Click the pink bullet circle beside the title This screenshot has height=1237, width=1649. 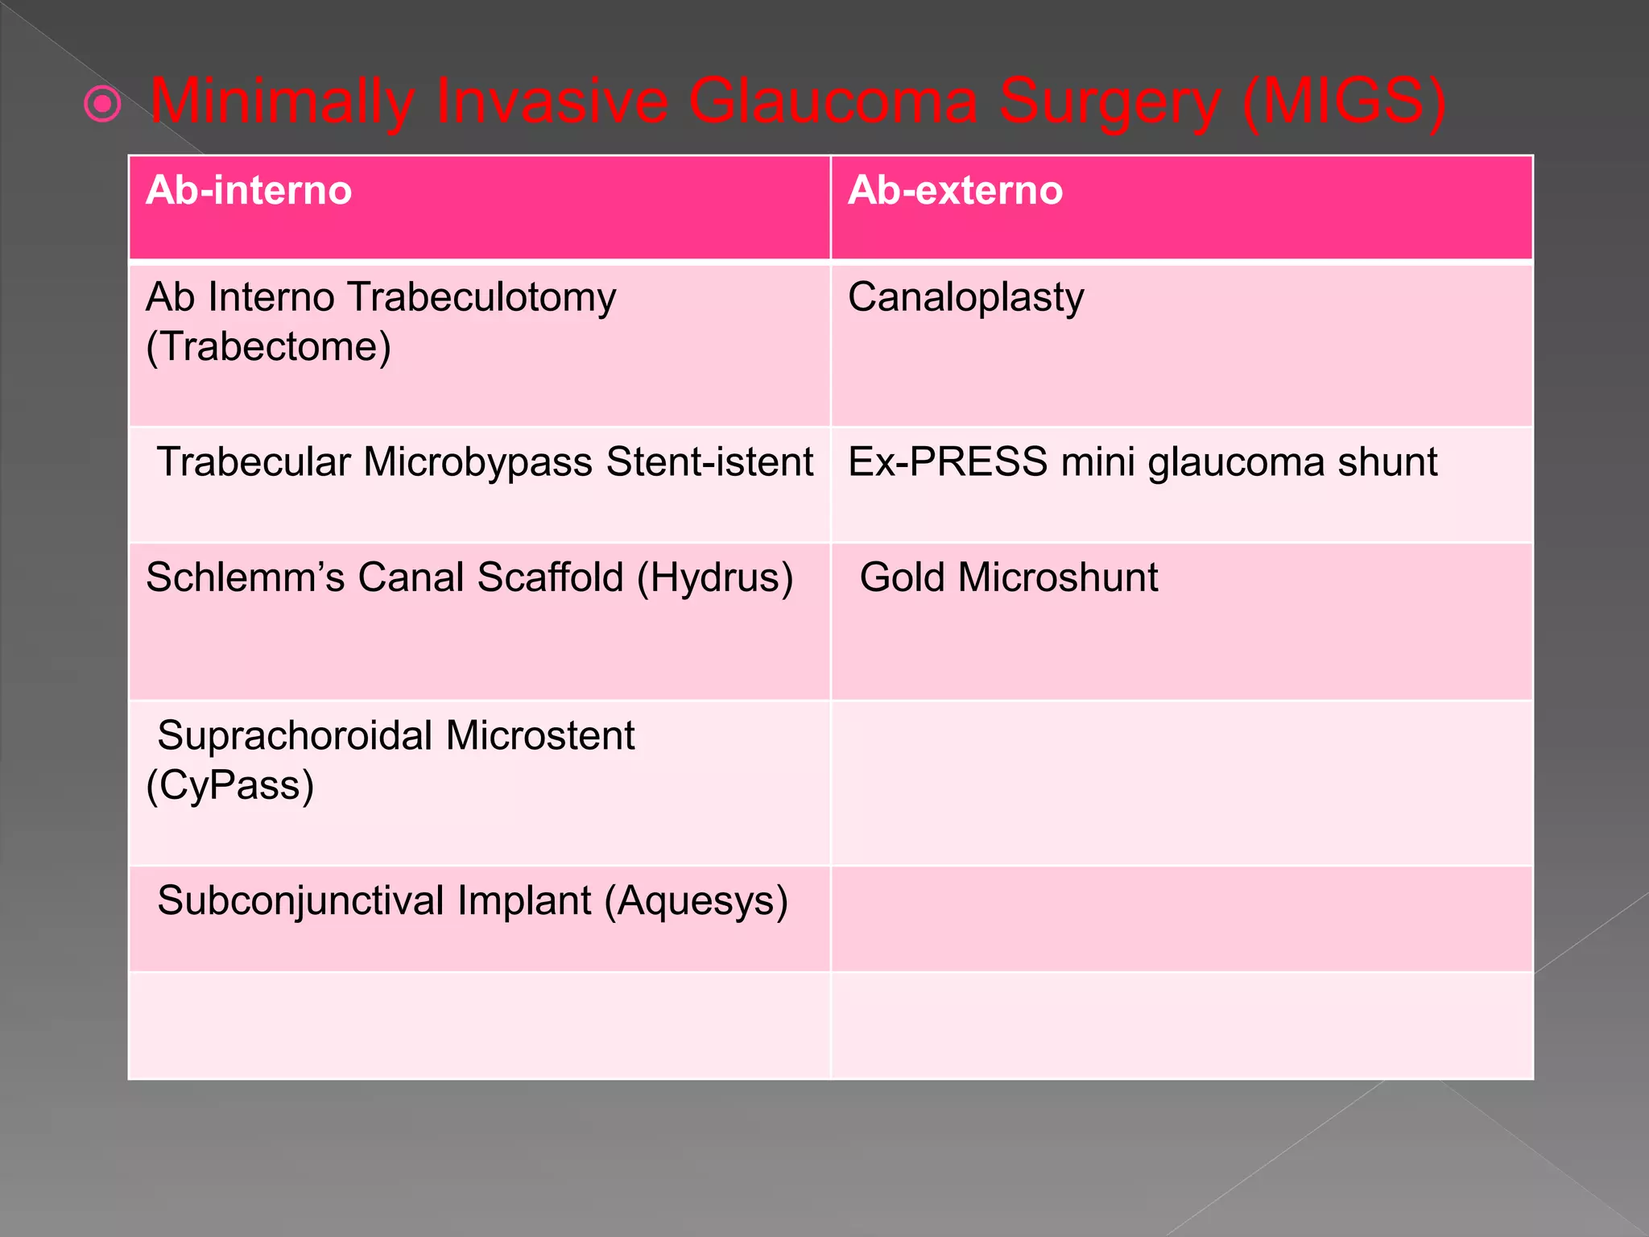click(103, 104)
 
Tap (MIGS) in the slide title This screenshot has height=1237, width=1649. click(1344, 102)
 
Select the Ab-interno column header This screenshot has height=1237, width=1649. click(249, 191)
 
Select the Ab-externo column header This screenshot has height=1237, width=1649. click(955, 191)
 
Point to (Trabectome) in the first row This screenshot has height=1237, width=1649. click(268, 347)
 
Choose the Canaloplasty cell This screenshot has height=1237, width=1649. click(965, 298)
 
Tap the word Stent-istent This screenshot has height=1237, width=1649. click(709, 462)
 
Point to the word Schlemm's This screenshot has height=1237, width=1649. click(245, 577)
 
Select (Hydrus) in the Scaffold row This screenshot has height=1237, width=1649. click(714, 578)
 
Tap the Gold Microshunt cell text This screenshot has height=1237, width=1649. click(1008, 577)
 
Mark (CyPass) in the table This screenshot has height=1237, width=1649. click(229, 785)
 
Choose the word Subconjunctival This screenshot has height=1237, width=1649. click(301, 901)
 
